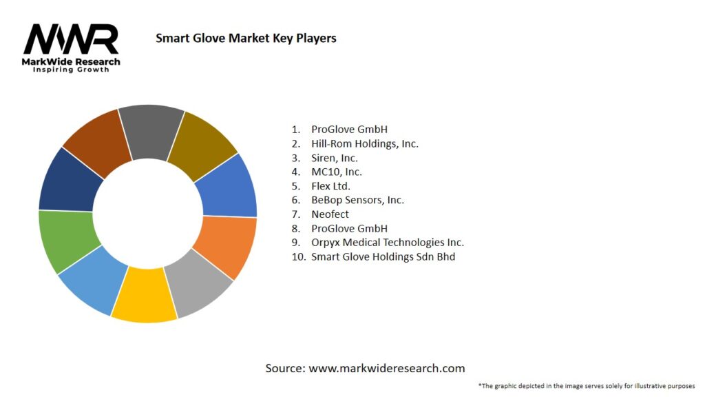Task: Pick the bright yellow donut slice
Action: pyautogui.click(x=145, y=297)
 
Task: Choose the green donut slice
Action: pyautogui.click(x=65, y=241)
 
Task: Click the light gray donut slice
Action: pyautogui.click(x=199, y=283)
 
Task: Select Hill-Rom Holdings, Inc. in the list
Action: pyautogui.click(x=365, y=143)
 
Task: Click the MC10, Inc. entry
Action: pyautogui.click(x=337, y=172)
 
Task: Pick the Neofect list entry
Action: pyautogui.click(x=330, y=214)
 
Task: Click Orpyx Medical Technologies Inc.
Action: pyautogui.click(x=388, y=243)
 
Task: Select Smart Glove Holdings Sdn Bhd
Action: pyautogui.click(x=383, y=256)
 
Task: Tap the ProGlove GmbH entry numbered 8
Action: pyautogui.click(x=349, y=228)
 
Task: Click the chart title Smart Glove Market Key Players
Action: pyautogui.click(x=246, y=38)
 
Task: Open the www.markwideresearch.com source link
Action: pyautogui.click(x=386, y=368)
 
